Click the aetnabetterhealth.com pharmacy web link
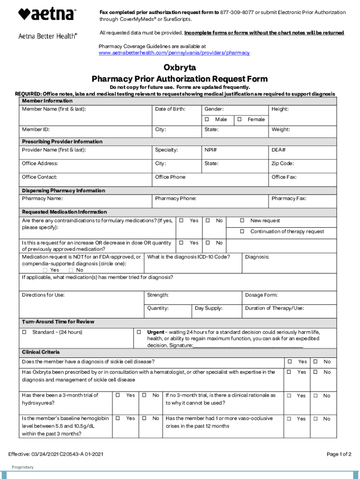tap(174, 53)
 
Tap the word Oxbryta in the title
tap(180, 68)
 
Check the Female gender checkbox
tap(239, 119)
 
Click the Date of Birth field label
tap(170, 109)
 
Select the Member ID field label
tap(36, 129)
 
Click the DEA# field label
tap(279, 150)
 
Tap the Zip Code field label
tap(282, 163)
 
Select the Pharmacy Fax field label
tap(288, 198)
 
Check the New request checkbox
tap(242, 220)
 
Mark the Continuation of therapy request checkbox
tap(242, 232)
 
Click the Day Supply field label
tap(209, 308)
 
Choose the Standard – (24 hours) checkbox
tap(24, 332)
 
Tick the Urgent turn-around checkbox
tap(139, 332)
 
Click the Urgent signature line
tap(248, 346)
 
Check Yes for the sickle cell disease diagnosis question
tap(289, 362)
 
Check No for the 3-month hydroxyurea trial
tap(145, 395)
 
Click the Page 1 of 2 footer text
tap(338, 454)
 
